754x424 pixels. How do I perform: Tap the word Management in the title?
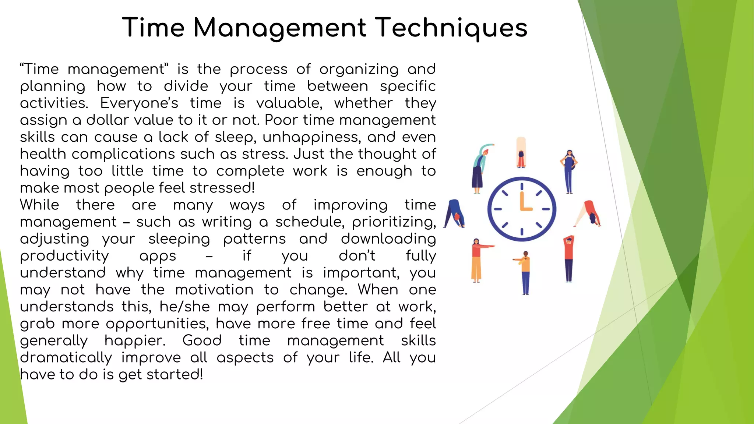pos(280,28)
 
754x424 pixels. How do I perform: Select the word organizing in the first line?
pos(359,70)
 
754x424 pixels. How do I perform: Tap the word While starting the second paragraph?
pos(39,205)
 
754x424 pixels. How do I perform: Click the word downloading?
pos(388,239)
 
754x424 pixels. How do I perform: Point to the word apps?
pos(158,256)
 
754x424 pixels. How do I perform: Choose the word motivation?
pos(214,290)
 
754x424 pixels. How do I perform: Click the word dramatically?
pos(66,358)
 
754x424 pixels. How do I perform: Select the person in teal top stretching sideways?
pos(480,167)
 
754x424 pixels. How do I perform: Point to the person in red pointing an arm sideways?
pos(478,260)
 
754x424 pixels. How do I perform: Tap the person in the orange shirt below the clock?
pos(525,272)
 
